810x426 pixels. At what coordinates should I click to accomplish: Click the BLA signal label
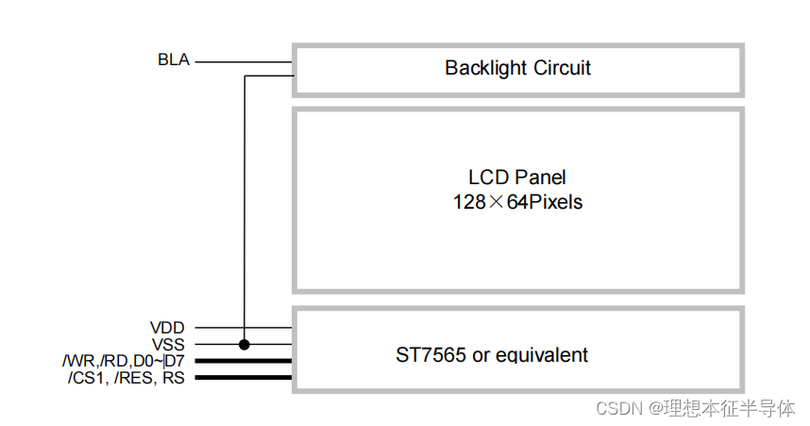point(174,60)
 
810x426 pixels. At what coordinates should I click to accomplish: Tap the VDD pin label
point(169,328)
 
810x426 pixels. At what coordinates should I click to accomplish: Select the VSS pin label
point(169,345)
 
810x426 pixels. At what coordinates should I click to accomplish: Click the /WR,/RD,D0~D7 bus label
point(124,361)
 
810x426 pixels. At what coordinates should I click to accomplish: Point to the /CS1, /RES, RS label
point(127,378)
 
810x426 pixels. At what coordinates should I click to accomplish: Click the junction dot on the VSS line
point(245,345)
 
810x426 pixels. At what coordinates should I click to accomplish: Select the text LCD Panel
point(517,178)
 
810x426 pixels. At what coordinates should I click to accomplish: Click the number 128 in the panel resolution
point(468,201)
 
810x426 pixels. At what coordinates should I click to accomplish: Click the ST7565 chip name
point(428,355)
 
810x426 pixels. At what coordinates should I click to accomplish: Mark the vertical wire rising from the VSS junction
point(245,208)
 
